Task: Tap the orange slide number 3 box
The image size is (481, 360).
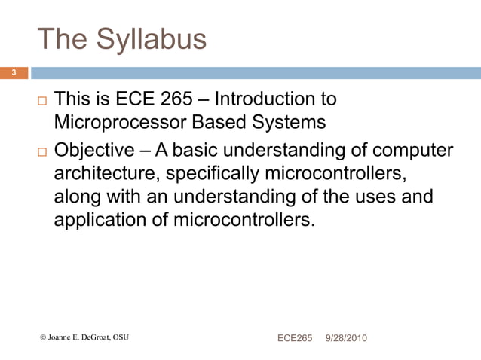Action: point(14,72)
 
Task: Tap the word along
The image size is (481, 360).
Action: point(77,197)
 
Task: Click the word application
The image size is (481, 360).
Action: point(97,222)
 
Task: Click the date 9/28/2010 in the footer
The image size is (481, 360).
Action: point(346,338)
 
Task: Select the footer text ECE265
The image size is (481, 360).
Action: point(295,338)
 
